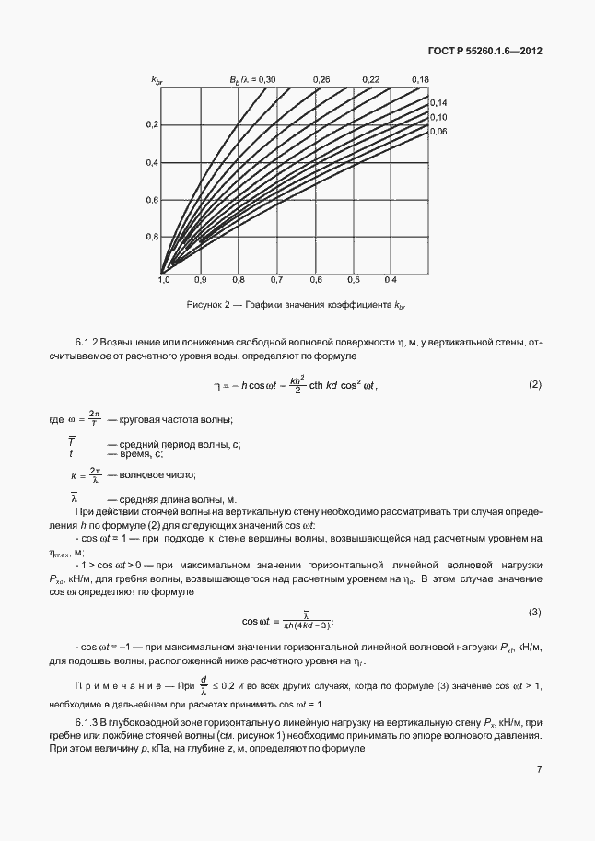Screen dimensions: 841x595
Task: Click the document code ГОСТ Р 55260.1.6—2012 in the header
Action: (484, 51)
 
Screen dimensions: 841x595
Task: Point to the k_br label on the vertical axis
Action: (157, 82)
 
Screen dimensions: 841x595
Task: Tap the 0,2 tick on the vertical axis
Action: (153, 124)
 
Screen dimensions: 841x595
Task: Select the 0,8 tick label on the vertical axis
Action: (153, 237)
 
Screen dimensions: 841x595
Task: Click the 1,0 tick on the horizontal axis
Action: (163, 279)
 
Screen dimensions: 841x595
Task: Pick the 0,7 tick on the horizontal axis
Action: (276, 279)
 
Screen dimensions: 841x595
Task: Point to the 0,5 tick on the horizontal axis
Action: (353, 279)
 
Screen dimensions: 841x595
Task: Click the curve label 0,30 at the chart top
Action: (266, 81)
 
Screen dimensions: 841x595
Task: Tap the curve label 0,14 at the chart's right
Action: (438, 102)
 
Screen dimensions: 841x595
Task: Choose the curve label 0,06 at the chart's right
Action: (438, 132)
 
